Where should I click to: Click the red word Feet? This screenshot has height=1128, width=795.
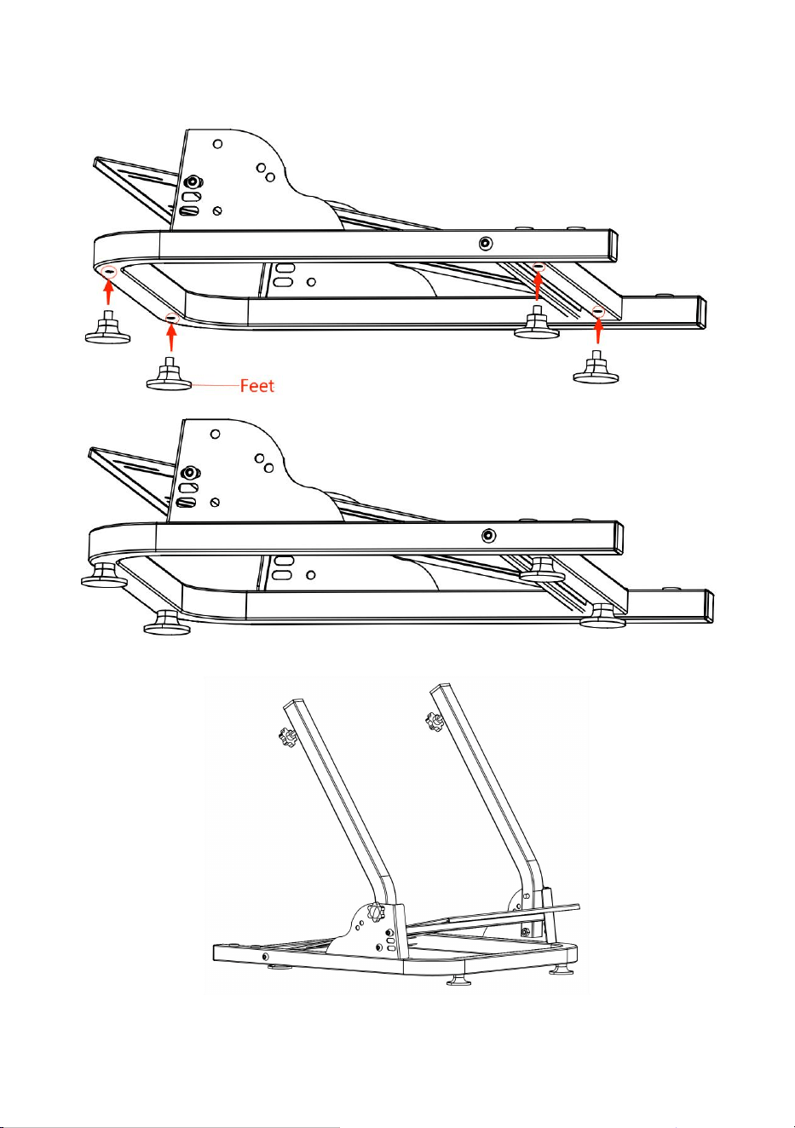coord(257,386)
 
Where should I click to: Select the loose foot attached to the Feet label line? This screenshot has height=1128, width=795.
coord(170,374)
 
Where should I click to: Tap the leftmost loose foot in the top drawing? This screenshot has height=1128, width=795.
coord(108,327)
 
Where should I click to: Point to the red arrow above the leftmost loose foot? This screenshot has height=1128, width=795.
coord(108,291)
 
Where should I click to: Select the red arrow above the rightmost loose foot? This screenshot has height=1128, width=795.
coord(598,331)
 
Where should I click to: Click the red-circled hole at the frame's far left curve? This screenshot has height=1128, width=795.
coord(109,272)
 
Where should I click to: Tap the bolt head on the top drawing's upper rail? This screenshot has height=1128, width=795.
coord(485,244)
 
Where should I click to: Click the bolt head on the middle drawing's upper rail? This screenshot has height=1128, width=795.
coord(488,535)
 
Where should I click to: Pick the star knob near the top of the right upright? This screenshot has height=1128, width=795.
coord(434,722)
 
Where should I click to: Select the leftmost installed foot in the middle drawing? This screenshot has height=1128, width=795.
coord(104,576)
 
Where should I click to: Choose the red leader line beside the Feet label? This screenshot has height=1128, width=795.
coord(216,386)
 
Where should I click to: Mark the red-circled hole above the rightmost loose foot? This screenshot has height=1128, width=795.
coord(598,311)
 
